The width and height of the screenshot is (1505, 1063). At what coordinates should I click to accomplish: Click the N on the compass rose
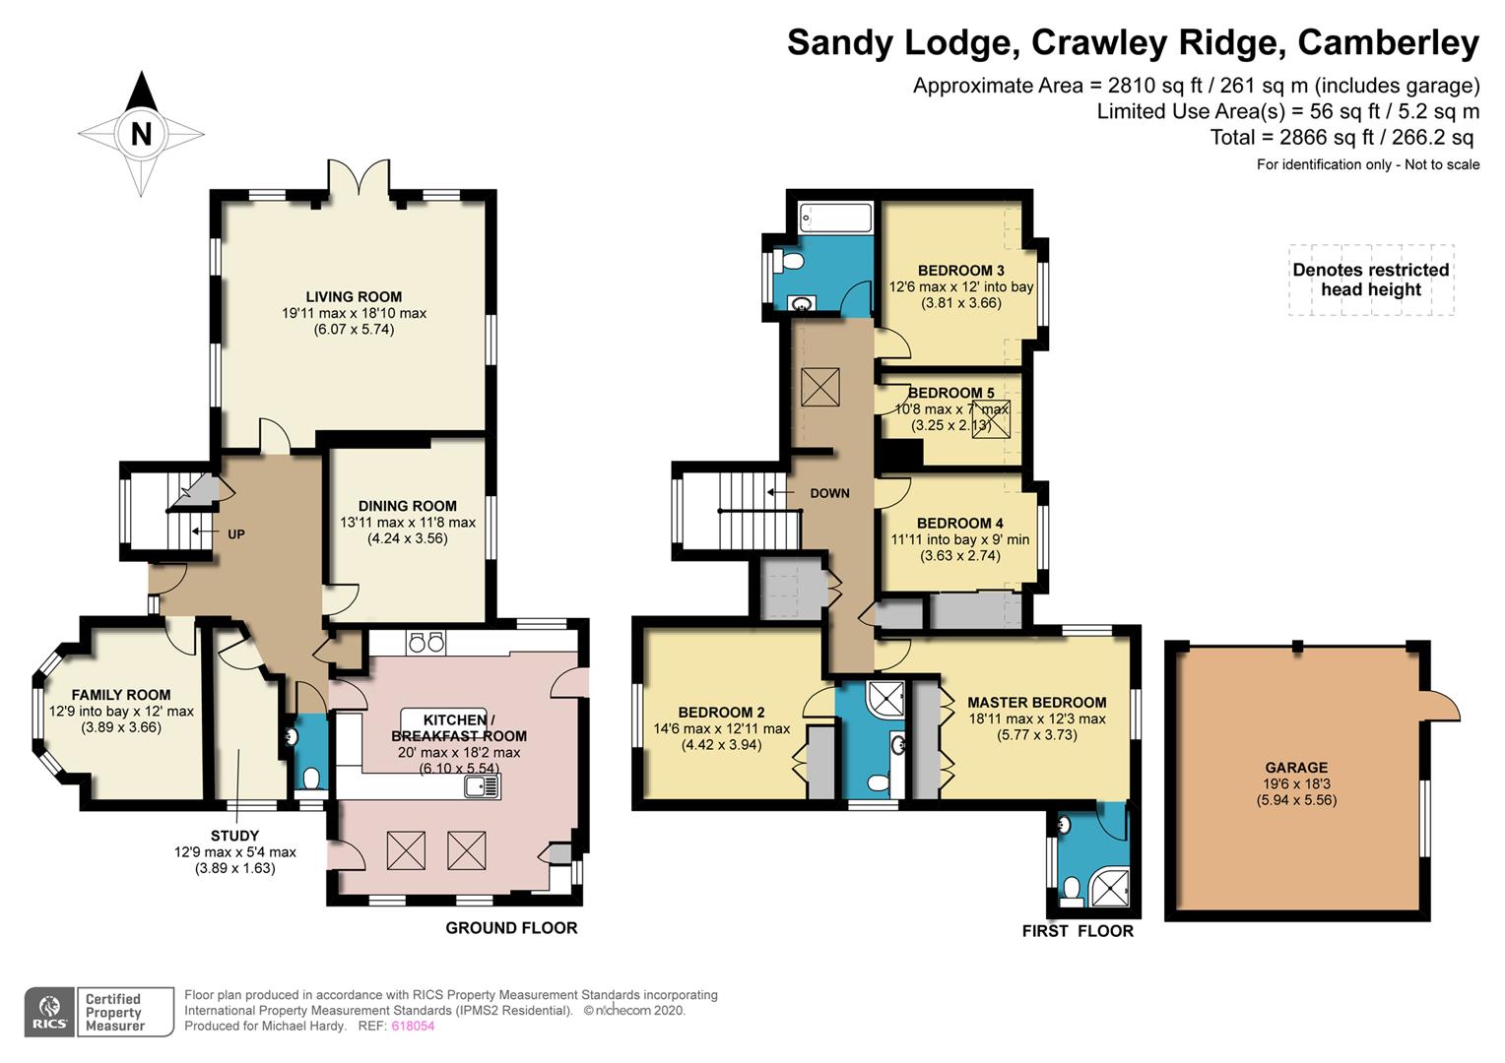[x=142, y=133]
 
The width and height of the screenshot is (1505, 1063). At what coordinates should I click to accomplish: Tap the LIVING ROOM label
[x=354, y=296]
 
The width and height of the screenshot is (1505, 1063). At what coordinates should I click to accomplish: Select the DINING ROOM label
[x=407, y=506]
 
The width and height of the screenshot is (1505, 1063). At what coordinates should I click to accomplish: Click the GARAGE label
[x=1296, y=768]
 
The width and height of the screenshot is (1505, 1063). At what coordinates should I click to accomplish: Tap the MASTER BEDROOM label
[x=1036, y=703]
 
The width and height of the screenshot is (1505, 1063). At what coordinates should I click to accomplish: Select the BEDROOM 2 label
[x=721, y=713]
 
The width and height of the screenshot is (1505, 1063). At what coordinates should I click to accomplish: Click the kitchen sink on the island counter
[x=483, y=786]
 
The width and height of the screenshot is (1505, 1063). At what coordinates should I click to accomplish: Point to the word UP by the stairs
[x=236, y=534]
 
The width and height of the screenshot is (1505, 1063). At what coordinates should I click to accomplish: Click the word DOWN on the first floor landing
[x=829, y=493]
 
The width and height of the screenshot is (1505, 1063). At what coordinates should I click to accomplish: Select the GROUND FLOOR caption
[x=511, y=927]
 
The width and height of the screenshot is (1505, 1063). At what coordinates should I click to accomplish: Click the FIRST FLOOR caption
[x=1078, y=931]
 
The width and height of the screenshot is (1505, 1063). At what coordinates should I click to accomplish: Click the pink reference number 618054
[x=413, y=1026]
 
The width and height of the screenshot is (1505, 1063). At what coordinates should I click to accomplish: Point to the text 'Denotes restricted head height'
[x=1370, y=280]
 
